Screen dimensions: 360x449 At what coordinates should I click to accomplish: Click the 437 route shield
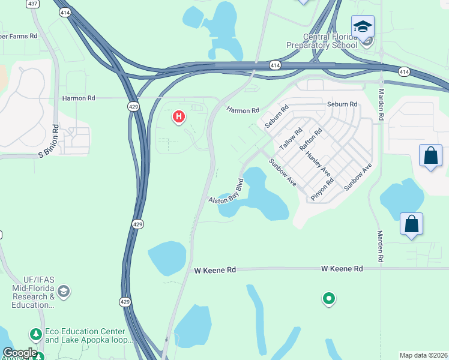click(x=33, y=4)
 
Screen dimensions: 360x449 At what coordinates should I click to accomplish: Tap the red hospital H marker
click(x=178, y=116)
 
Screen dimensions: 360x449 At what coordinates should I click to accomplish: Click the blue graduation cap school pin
click(x=363, y=26)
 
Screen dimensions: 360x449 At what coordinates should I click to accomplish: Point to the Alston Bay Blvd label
click(x=227, y=190)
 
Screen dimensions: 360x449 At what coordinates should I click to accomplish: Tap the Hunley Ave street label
click(x=318, y=163)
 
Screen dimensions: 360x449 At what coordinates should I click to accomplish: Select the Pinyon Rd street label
click(x=322, y=188)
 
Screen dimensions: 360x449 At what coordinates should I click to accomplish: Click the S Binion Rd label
click(x=49, y=141)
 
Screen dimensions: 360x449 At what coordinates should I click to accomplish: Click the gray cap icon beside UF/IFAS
click(x=64, y=292)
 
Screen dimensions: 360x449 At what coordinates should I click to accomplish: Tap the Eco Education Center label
click(x=85, y=336)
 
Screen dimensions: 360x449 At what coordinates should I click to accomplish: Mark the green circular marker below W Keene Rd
click(x=328, y=298)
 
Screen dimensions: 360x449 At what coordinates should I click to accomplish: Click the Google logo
click(x=19, y=353)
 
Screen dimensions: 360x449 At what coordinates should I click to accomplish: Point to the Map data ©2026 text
click(x=423, y=355)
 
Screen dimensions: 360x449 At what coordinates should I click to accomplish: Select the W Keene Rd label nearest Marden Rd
click(x=342, y=269)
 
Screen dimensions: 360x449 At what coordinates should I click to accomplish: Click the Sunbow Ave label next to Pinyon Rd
click(x=358, y=176)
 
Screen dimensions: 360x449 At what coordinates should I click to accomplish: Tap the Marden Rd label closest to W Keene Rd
click(x=380, y=247)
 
